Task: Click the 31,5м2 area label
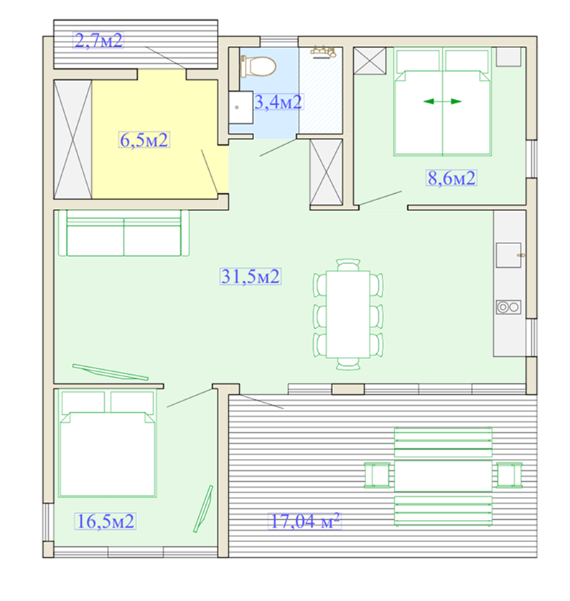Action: click(x=251, y=276)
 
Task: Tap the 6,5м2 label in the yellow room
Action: click(x=144, y=140)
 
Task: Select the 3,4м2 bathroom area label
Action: click(x=279, y=102)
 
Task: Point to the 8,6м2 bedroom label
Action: click(x=452, y=178)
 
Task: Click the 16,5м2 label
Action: click(x=106, y=521)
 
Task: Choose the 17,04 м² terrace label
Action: click(x=304, y=521)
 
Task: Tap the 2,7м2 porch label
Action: click(x=98, y=40)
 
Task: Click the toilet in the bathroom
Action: click(x=258, y=66)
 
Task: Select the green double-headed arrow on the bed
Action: click(x=442, y=101)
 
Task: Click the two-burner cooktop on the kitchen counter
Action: click(x=508, y=307)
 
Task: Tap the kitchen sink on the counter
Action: click(x=509, y=256)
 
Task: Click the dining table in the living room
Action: click(x=348, y=315)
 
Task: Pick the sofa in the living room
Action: click(x=123, y=233)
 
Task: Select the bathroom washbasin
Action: click(x=240, y=107)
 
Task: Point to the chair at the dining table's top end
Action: click(x=348, y=264)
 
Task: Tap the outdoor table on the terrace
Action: click(x=443, y=475)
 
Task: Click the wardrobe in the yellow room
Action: click(x=73, y=139)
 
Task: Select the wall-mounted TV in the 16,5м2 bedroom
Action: click(x=203, y=509)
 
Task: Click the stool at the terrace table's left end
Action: click(x=377, y=475)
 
